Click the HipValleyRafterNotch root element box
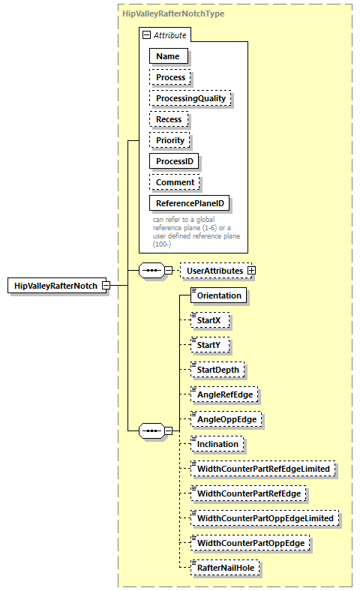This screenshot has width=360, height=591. [x=55, y=286]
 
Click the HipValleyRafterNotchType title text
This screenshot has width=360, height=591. [x=173, y=13]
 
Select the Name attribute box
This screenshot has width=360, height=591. [x=168, y=56]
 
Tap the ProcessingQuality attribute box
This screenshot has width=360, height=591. [x=190, y=98]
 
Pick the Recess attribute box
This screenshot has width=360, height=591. [x=169, y=119]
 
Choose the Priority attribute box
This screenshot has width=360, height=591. [x=170, y=140]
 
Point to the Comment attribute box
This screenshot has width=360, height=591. [x=175, y=182]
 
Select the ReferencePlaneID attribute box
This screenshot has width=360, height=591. [x=190, y=203]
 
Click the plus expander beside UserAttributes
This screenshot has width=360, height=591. [x=252, y=270]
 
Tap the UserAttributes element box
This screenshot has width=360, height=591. [x=214, y=270]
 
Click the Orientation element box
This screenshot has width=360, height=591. [x=219, y=295]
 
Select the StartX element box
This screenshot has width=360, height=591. [x=209, y=320]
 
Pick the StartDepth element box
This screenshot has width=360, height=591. [x=217, y=370]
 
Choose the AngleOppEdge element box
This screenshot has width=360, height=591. [x=226, y=419]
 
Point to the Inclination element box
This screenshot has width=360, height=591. [x=217, y=444]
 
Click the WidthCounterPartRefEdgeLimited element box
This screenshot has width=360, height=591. [x=262, y=469]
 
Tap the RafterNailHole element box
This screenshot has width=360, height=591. [x=225, y=568]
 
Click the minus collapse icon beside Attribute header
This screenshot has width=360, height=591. [x=146, y=34]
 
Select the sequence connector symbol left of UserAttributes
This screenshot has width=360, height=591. [x=153, y=270]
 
